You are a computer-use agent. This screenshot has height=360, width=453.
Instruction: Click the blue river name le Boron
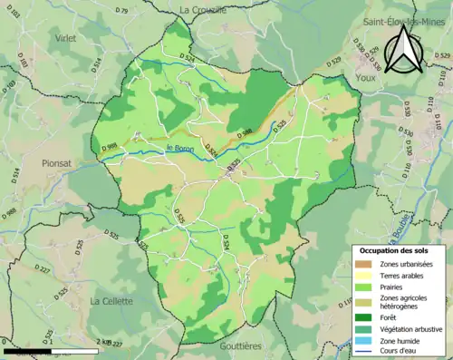(x=180, y=148)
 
